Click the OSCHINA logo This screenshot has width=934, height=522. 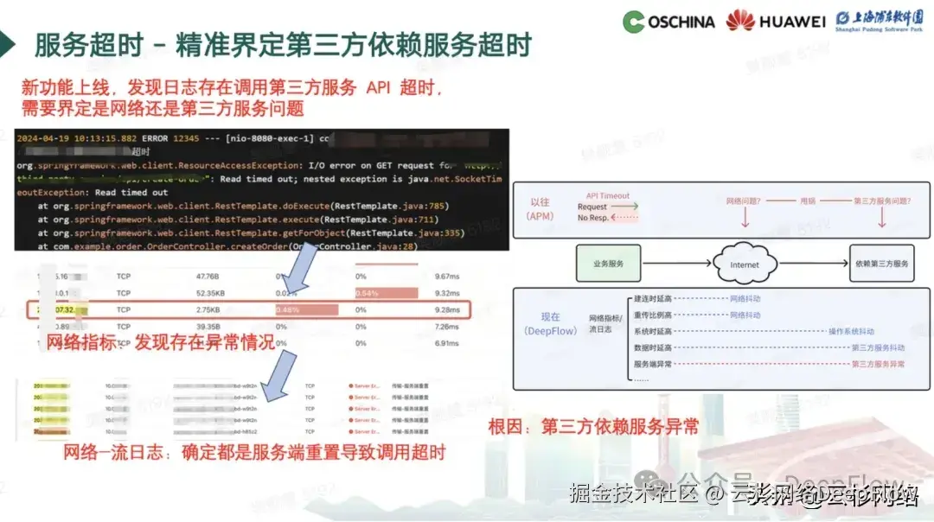668,21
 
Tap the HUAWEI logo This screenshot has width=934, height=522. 776,21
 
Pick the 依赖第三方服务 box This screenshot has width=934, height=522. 880,264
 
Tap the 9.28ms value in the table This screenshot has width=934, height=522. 452,309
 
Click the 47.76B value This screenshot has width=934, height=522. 208,277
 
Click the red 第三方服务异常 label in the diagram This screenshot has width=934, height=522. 878,364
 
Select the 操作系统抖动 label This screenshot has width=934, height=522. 851,331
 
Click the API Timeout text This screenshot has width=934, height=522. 608,196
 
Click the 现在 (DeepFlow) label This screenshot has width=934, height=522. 550,324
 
